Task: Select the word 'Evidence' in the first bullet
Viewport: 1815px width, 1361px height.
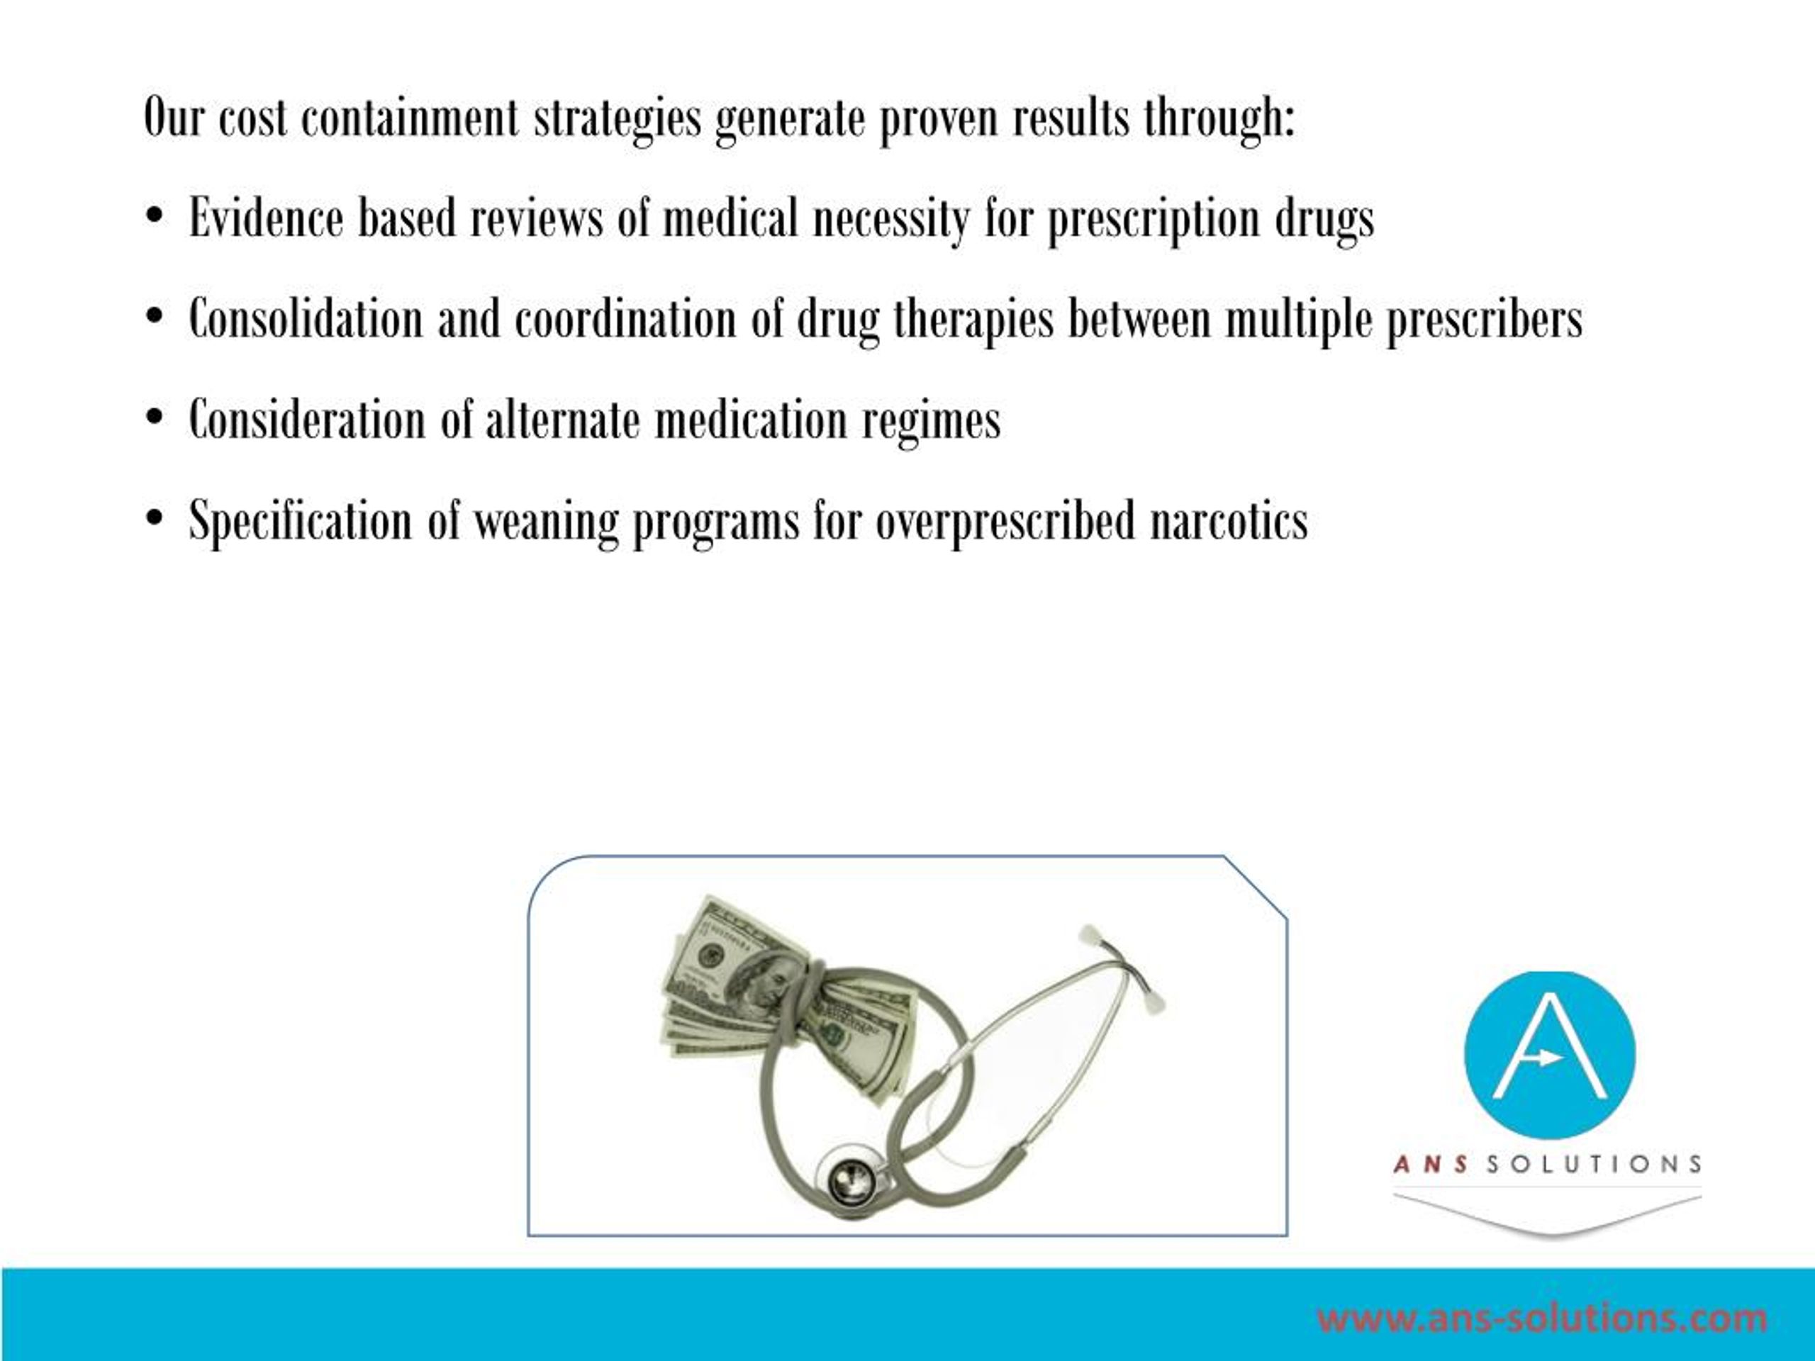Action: point(266,219)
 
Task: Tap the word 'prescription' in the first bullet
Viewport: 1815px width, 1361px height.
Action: point(1154,219)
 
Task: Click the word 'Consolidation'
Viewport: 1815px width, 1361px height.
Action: point(306,319)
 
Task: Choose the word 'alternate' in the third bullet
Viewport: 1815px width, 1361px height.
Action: point(563,420)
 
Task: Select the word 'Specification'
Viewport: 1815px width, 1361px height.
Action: point(301,522)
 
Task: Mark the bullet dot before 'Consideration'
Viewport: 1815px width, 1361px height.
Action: point(153,419)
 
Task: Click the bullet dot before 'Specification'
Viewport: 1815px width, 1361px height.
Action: point(153,520)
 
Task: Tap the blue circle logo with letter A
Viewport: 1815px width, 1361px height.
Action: point(1549,1055)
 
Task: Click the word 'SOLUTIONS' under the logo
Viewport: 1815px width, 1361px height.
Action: point(1594,1164)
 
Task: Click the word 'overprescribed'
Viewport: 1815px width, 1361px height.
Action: point(1005,522)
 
